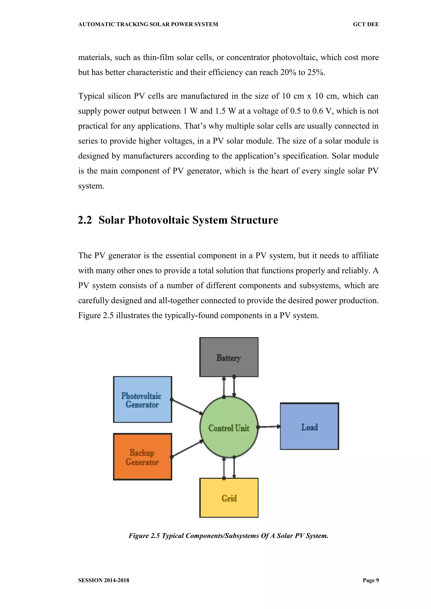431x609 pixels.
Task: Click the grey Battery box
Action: [x=229, y=357]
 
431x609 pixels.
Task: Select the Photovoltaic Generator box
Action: [x=142, y=399]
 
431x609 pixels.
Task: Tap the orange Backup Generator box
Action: [x=142, y=456]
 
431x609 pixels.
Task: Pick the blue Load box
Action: [x=309, y=426]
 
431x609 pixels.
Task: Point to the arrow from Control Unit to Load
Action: [x=269, y=427]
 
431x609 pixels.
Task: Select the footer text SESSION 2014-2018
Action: [x=104, y=580]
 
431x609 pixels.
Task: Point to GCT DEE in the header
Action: [x=366, y=24]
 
